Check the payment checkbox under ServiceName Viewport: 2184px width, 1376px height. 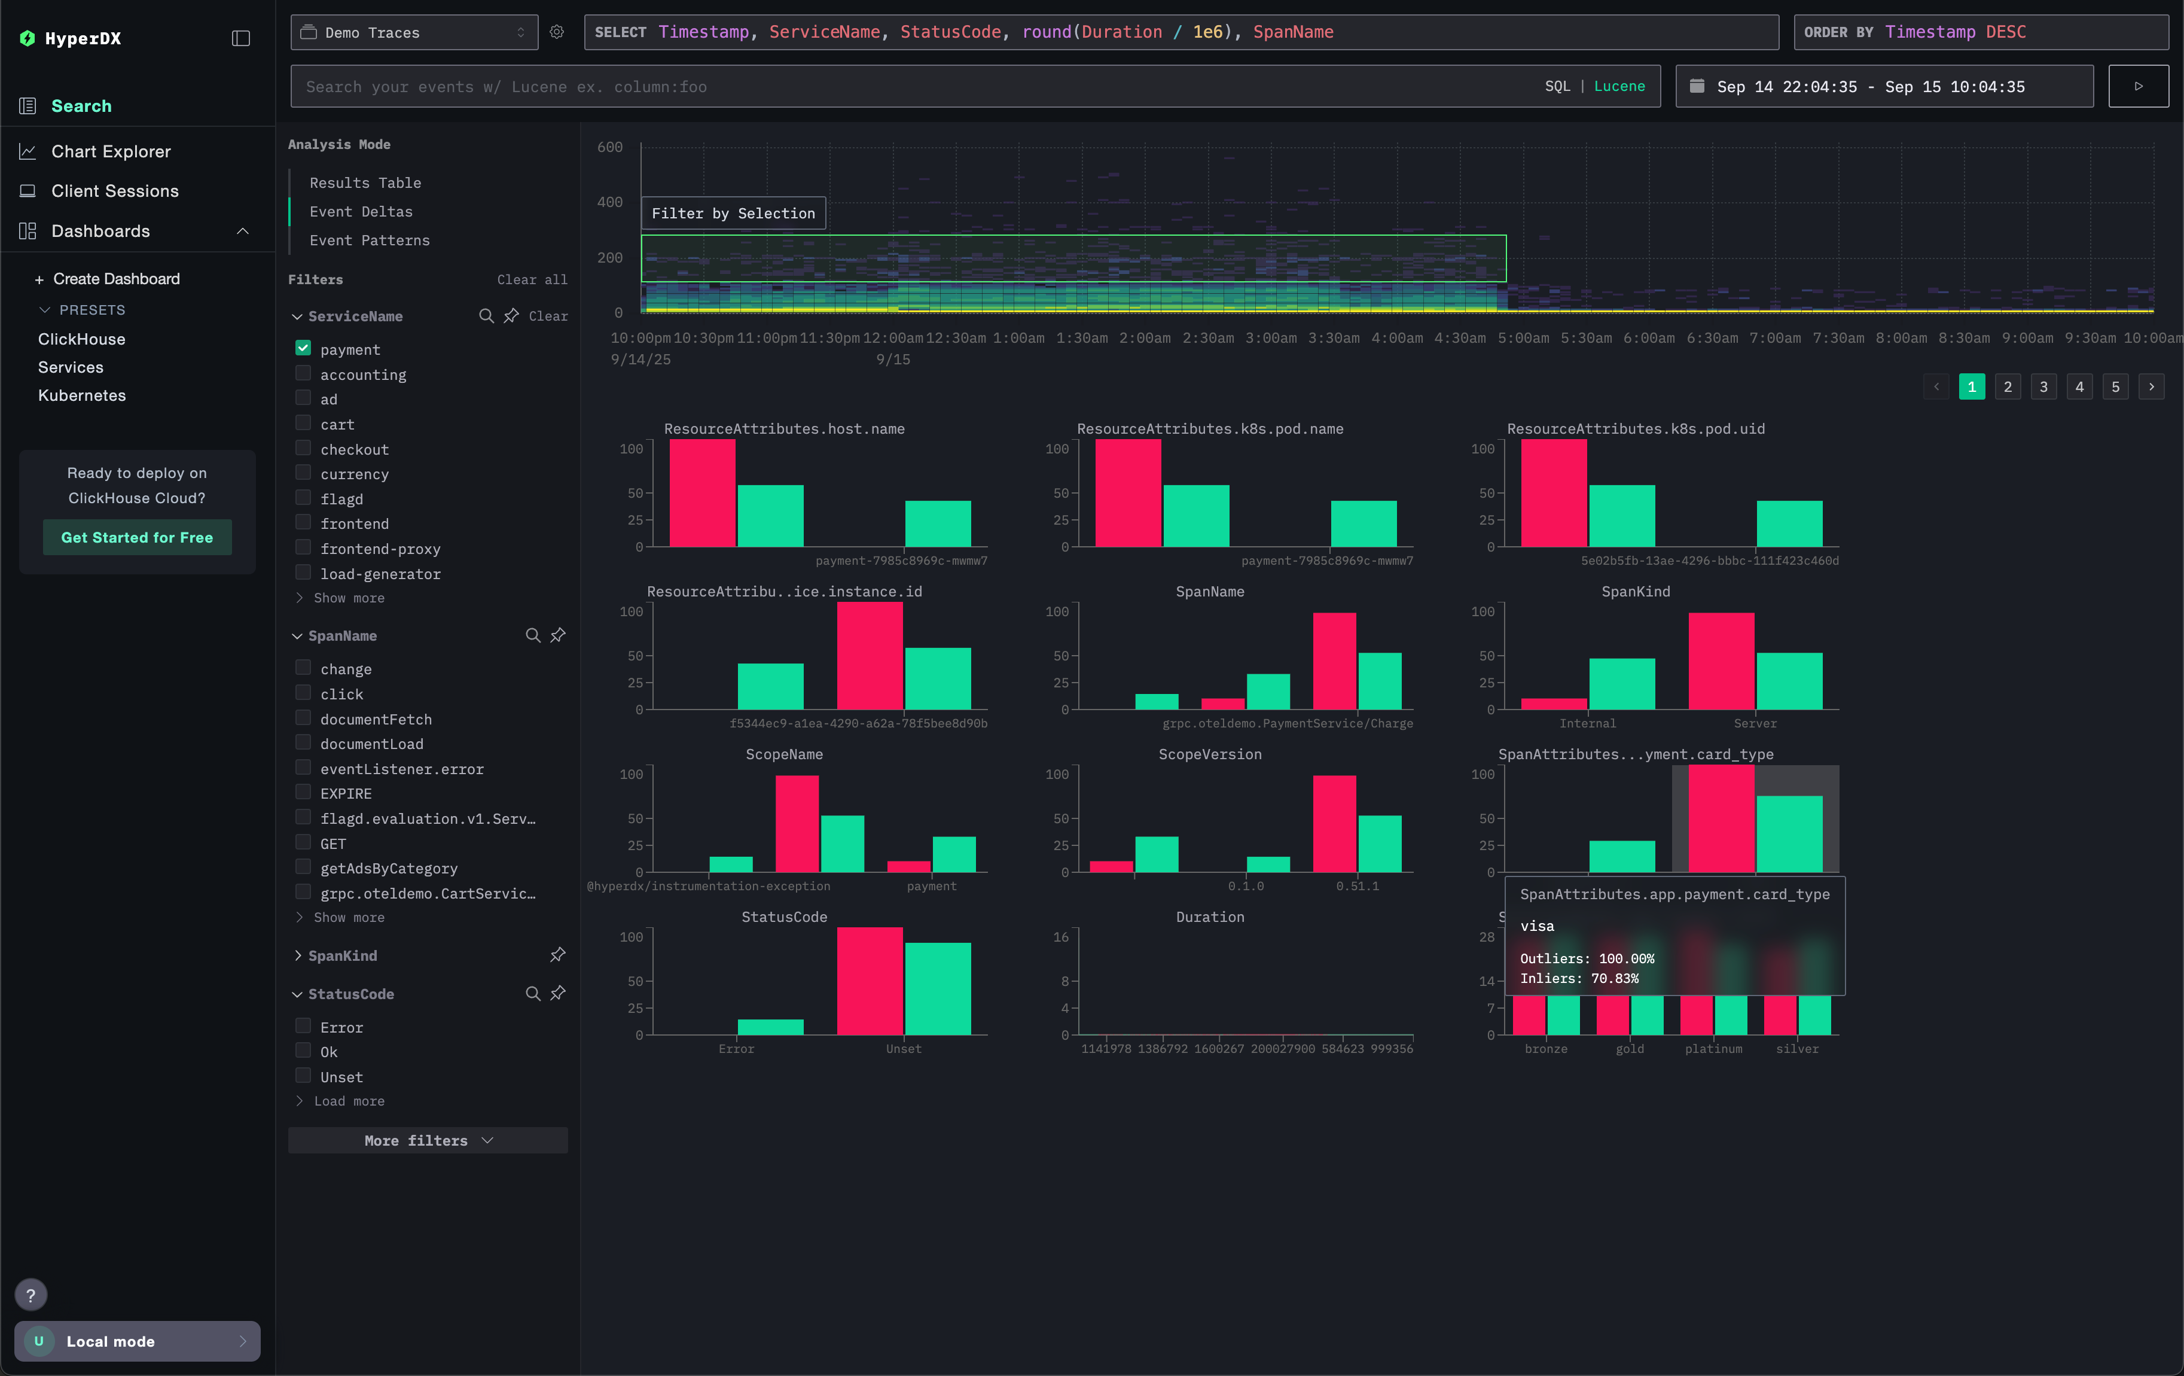(303, 348)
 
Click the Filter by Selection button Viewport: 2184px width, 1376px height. (733, 213)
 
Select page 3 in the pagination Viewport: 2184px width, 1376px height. (2043, 386)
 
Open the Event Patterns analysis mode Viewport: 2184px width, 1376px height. (369, 241)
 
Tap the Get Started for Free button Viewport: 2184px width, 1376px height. (137, 537)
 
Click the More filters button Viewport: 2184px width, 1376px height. (427, 1140)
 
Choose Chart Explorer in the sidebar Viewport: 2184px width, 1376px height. (111, 151)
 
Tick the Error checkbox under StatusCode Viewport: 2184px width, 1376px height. (303, 1026)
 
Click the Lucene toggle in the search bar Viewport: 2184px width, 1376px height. (1619, 86)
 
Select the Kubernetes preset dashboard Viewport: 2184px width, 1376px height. (81, 395)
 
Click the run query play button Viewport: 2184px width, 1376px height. (2138, 86)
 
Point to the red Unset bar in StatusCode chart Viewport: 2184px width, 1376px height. (869, 981)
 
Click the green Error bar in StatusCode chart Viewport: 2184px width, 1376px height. (770, 1027)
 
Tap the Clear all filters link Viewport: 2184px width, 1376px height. (532, 279)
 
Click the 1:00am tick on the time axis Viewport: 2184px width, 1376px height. (1018, 337)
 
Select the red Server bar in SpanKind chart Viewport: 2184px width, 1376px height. (1721, 660)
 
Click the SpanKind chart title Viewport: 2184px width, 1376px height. (1635, 592)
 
